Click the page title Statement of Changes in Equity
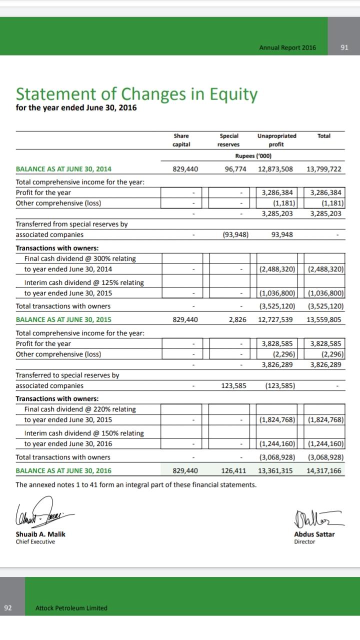coord(137,93)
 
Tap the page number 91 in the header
coord(343,47)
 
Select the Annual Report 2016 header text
coord(287,47)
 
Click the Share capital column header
coord(181,140)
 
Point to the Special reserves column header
coord(229,140)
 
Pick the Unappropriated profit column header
coord(276,140)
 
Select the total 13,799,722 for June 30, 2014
coord(323,169)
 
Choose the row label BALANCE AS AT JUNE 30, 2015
coord(64,319)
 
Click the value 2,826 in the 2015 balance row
coord(237,319)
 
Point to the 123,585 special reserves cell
coord(234,385)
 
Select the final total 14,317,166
coord(323,470)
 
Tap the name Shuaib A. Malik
coord(40,534)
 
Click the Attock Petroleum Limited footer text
coord(71,608)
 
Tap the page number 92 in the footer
coord(7,608)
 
